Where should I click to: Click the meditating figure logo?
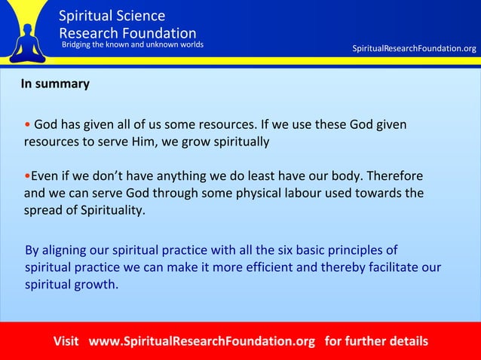[x=29, y=34]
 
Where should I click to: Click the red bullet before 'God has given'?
[x=27, y=124]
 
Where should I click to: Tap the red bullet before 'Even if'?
[x=27, y=176]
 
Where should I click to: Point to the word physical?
[x=252, y=193]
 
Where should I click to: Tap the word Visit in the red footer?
[x=66, y=341]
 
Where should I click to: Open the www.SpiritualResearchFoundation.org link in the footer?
[x=202, y=341]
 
